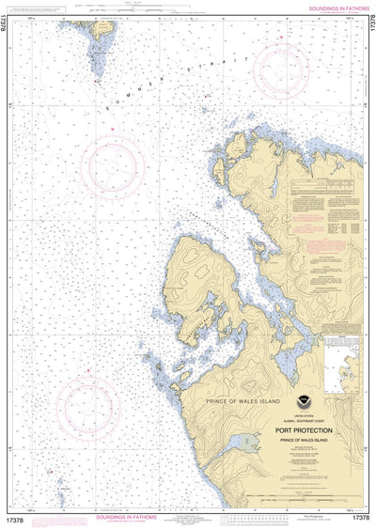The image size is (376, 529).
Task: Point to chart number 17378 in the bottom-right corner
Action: [x=359, y=518]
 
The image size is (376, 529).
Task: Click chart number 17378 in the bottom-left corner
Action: [x=18, y=518]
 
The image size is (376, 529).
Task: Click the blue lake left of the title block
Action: [x=249, y=442]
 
